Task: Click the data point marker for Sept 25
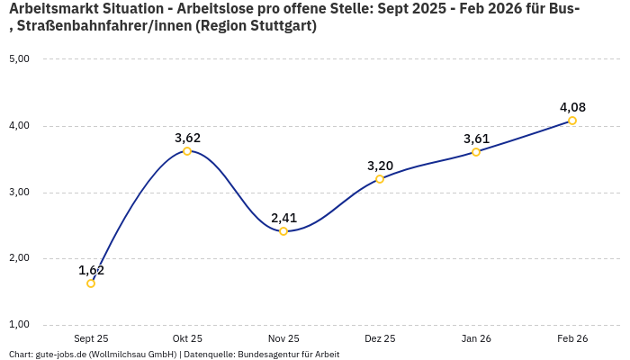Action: click(91, 283)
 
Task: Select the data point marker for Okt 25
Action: click(187, 151)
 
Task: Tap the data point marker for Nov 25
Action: click(283, 231)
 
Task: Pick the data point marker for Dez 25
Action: click(380, 179)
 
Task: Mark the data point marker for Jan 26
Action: click(476, 152)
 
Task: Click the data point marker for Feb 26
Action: click(572, 121)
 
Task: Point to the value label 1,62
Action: click(91, 270)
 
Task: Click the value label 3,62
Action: click(187, 138)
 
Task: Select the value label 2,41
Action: click(283, 218)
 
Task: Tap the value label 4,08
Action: click(572, 107)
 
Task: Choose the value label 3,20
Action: click(380, 166)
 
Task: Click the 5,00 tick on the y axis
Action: click(19, 59)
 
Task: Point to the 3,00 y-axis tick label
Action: click(19, 192)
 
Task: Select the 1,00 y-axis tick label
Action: click(19, 324)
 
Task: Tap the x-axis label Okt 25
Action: click(187, 338)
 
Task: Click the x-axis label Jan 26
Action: click(476, 338)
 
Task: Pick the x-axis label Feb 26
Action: click(572, 338)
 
